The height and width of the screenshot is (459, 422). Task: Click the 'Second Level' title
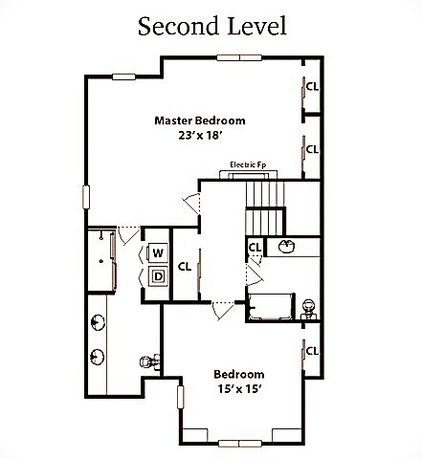211,25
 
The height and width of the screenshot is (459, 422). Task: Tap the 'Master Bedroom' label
200,120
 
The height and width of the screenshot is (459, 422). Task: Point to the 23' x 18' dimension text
200,136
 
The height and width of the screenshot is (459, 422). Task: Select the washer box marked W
157,253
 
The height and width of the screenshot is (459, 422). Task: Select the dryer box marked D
157,277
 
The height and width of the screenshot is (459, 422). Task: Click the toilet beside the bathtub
308,308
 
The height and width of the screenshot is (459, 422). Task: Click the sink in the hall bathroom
285,248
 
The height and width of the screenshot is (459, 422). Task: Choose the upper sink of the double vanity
98,320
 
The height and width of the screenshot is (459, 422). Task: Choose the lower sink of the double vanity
98,359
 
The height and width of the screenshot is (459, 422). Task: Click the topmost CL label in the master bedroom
312,85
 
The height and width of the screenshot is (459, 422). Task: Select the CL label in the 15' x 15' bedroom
312,351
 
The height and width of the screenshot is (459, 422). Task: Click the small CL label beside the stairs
255,247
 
